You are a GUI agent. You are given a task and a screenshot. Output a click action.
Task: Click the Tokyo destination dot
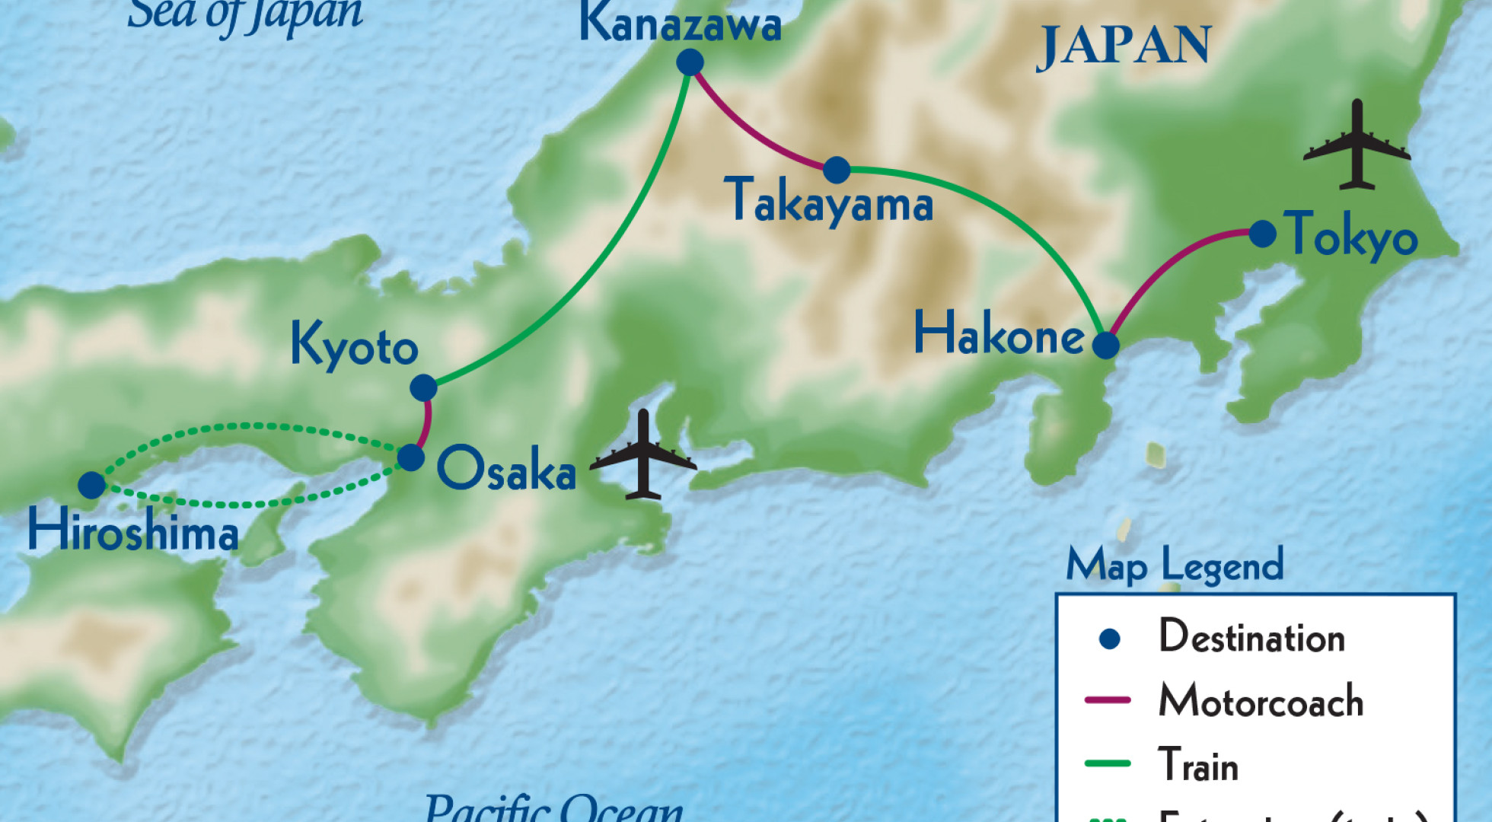point(1262,234)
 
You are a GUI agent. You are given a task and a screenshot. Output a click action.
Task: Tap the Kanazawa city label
point(680,24)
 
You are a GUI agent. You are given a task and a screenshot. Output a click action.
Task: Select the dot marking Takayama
point(837,170)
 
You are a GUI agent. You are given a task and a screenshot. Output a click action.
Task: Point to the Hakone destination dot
point(1105,345)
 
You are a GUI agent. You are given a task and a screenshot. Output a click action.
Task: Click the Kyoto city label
point(354,346)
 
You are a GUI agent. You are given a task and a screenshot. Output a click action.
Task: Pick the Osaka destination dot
point(411,457)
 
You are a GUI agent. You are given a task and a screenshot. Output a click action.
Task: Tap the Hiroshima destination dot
point(91,485)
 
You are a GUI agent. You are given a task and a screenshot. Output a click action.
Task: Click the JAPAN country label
point(1123,46)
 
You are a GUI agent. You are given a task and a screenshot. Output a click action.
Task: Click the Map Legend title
point(1175,565)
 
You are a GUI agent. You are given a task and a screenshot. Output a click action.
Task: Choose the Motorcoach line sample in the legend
point(1108,699)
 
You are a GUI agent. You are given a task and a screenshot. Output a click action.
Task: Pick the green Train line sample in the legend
point(1108,763)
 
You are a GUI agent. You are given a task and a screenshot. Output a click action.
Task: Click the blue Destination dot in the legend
point(1110,639)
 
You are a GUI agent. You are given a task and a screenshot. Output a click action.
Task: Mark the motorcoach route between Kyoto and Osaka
point(427,423)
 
